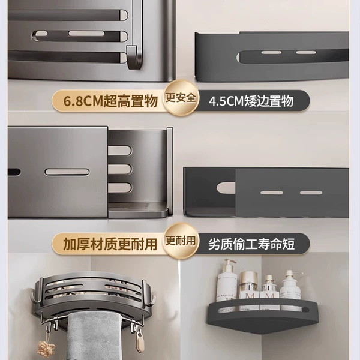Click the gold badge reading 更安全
181,98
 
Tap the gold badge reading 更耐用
181,241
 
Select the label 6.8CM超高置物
110,101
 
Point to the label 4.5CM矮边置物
251,101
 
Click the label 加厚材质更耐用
110,244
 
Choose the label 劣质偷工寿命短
251,244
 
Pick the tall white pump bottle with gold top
227,281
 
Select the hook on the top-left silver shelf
133,57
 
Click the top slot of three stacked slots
119,151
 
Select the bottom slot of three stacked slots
119,187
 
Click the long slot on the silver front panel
67,172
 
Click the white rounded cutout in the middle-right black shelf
226,188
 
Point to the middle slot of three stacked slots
119,169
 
